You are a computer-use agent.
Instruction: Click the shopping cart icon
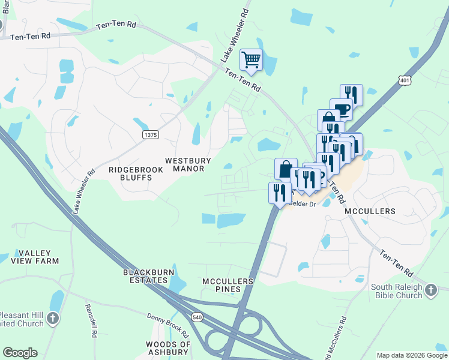point(252,59)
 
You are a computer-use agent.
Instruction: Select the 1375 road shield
point(150,135)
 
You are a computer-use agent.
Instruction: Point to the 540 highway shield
point(197,316)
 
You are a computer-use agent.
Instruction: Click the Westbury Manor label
point(184,164)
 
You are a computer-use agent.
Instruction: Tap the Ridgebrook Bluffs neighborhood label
point(130,174)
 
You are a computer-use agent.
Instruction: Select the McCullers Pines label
point(228,285)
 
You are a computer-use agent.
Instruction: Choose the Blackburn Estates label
point(145,276)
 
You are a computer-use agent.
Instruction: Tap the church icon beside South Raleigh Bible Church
point(431,291)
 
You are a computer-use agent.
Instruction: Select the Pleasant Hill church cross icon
point(53,319)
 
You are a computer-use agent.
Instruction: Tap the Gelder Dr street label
point(303,204)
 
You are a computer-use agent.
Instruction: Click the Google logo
point(20,353)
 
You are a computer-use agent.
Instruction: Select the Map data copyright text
point(412,355)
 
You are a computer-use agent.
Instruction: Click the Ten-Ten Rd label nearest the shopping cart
point(243,79)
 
